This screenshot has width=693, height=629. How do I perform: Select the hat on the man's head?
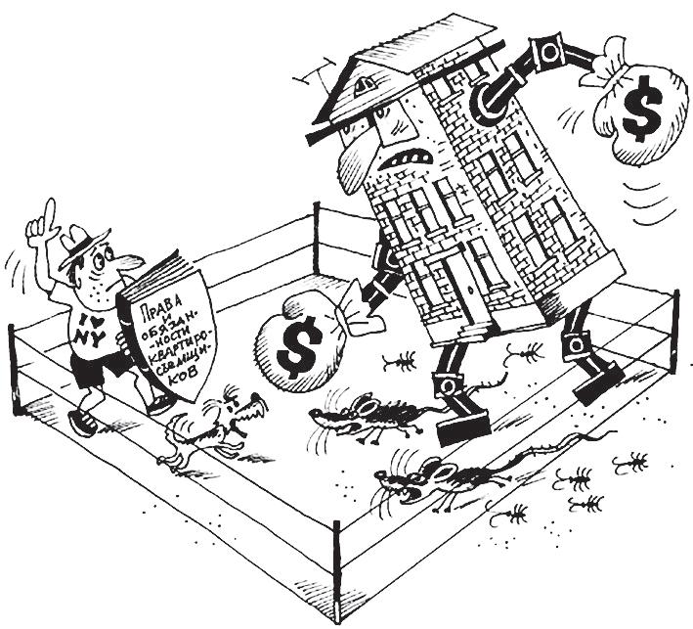point(82,243)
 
